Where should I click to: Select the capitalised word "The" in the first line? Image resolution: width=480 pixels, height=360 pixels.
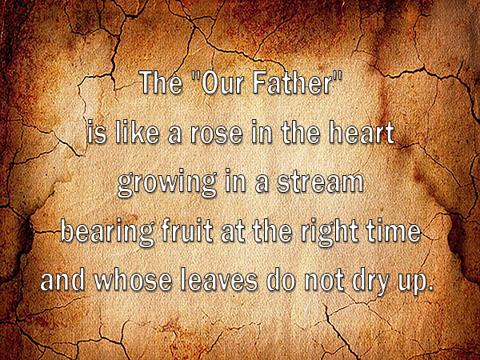(x=162, y=82)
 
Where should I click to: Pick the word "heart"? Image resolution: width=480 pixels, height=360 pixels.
(x=362, y=132)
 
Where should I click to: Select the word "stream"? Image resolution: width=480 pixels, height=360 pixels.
(x=320, y=182)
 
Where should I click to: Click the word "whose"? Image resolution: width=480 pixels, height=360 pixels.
(x=133, y=281)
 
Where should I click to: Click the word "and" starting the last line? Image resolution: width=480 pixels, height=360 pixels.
(x=62, y=281)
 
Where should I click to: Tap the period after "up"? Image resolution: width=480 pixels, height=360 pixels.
(x=430, y=288)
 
